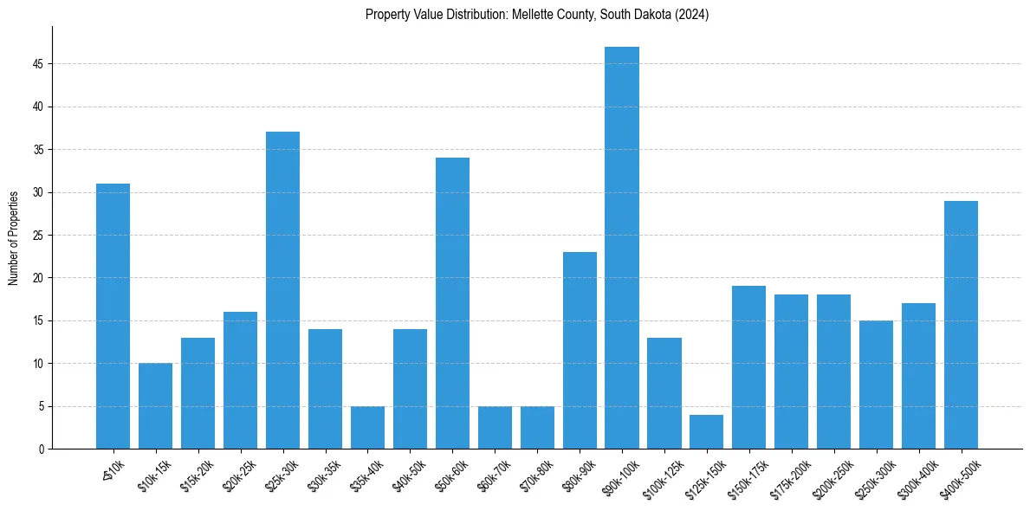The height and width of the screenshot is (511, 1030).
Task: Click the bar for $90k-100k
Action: (622, 248)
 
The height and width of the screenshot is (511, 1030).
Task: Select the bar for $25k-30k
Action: (282, 290)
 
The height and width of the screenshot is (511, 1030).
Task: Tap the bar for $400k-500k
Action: (961, 325)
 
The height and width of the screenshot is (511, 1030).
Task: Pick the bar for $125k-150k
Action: (707, 431)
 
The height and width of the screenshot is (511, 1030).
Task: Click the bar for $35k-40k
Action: (367, 427)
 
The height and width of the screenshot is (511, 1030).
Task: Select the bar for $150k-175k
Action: (749, 367)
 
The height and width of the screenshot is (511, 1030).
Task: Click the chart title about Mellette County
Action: (537, 15)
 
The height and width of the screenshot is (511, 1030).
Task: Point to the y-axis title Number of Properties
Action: (14, 237)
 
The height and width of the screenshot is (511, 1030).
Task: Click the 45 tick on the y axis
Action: (38, 64)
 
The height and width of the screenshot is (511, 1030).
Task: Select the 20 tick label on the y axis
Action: (38, 278)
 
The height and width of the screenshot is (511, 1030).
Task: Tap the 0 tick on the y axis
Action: (41, 449)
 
